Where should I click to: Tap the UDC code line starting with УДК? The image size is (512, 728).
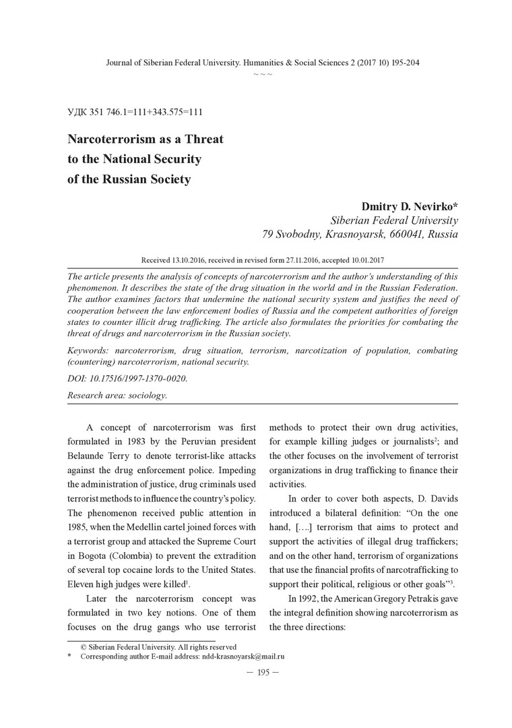[x=135, y=112]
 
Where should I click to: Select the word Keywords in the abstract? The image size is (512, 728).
[x=89, y=351]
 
